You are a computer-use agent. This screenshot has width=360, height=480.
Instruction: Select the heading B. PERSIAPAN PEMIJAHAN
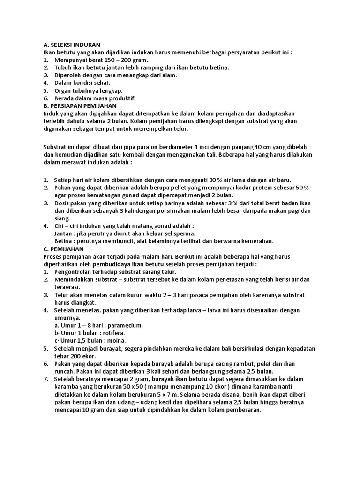80,106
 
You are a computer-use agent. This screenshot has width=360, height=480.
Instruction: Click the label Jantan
65,233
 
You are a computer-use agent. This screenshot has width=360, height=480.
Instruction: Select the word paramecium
121,325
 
